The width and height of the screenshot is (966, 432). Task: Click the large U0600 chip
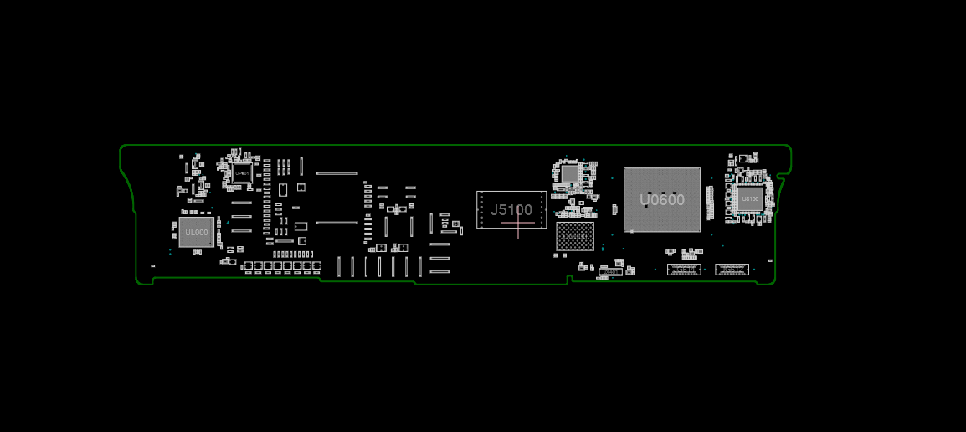tap(661, 200)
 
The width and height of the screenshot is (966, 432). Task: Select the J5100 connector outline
tap(511, 209)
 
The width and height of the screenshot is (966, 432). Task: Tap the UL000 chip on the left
tap(197, 232)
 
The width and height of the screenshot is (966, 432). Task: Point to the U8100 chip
tap(749, 199)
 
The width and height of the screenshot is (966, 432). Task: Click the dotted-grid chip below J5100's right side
tap(575, 236)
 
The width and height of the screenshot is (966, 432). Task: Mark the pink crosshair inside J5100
tap(518, 223)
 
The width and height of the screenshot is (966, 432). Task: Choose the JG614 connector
tap(683, 269)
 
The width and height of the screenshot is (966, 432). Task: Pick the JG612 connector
tap(732, 269)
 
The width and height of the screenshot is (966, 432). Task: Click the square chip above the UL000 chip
tap(242, 173)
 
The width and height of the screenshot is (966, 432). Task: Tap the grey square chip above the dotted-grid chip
tap(569, 174)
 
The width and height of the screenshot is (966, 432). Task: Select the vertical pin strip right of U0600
tap(710, 203)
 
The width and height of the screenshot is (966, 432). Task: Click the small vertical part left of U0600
tap(615, 209)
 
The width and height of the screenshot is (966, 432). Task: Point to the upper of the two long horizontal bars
tap(337, 173)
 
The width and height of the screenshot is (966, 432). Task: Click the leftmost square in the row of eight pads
tap(248, 265)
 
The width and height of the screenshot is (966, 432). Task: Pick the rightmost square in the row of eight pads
tap(317, 265)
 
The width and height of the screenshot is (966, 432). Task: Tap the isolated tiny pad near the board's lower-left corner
tap(152, 266)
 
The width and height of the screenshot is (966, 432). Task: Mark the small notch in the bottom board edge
tap(569, 278)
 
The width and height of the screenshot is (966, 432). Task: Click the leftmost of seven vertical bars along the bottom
tap(339, 266)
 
